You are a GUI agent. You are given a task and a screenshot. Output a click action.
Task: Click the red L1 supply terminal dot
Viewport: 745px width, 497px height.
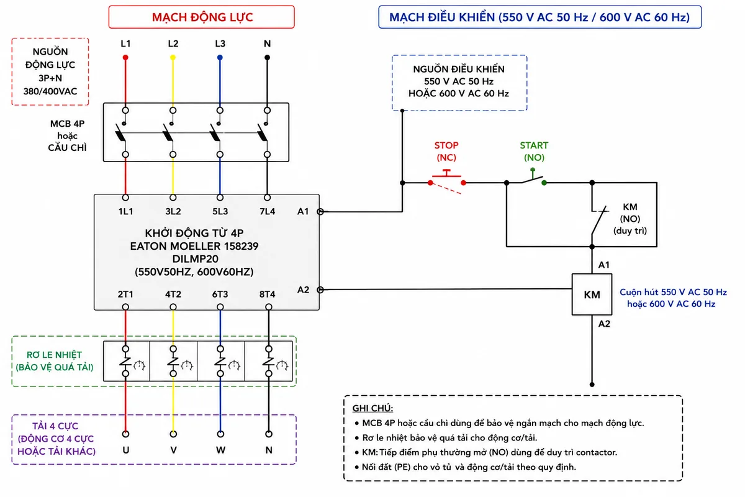[125, 58]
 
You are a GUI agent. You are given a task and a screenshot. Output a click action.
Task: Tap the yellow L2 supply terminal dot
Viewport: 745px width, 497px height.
[173, 58]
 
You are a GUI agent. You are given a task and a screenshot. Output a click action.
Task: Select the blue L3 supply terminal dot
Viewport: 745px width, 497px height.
[220, 58]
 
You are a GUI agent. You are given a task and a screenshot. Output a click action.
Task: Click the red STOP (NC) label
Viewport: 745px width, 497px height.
[446, 151]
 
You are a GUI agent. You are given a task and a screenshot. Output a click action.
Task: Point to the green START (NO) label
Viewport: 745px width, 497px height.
[534, 151]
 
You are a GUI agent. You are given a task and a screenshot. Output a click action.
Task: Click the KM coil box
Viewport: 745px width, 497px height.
[592, 294]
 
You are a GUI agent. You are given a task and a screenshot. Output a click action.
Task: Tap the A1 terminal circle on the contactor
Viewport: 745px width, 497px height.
[320, 211]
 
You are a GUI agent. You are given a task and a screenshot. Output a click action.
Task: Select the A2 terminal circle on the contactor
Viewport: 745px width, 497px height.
[320, 290]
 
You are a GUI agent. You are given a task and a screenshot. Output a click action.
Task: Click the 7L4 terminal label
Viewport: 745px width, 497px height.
[267, 211]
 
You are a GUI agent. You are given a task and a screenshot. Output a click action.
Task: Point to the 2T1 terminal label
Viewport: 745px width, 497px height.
[125, 294]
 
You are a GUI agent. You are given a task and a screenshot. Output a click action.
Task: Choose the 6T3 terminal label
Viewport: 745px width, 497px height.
[220, 294]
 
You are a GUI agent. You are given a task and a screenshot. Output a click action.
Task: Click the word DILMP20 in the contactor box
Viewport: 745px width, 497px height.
[195, 259]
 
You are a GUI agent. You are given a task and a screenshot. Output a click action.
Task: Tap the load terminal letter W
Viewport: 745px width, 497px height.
[220, 450]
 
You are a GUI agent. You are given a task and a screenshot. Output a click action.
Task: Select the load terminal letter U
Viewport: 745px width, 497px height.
[125, 450]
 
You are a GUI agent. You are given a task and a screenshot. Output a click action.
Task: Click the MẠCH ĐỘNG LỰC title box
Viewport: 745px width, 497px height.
[202, 17]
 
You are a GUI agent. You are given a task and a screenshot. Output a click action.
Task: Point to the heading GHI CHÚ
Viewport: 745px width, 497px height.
[372, 408]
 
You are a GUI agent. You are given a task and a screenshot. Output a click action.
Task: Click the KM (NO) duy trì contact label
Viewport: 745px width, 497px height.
[630, 219]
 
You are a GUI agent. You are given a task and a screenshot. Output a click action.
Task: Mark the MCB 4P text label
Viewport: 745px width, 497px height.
[67, 124]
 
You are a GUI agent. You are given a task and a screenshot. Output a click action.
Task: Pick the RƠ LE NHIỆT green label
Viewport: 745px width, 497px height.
[54, 355]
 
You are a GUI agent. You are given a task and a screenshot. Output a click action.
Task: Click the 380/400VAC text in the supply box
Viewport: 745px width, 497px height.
[50, 91]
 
